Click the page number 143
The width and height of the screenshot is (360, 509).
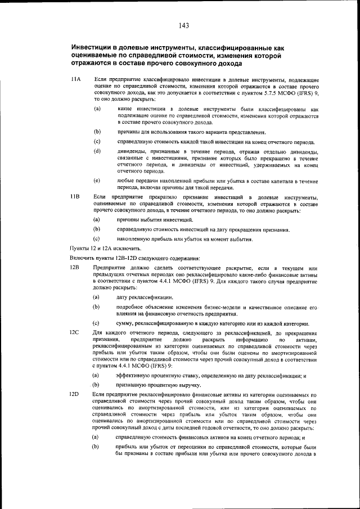183,25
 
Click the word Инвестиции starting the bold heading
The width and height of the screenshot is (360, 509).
92,48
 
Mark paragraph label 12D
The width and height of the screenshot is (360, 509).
74,397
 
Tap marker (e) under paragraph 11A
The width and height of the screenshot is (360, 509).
97,181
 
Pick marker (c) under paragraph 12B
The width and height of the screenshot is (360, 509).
97,323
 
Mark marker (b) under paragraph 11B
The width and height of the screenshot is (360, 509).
97,229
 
